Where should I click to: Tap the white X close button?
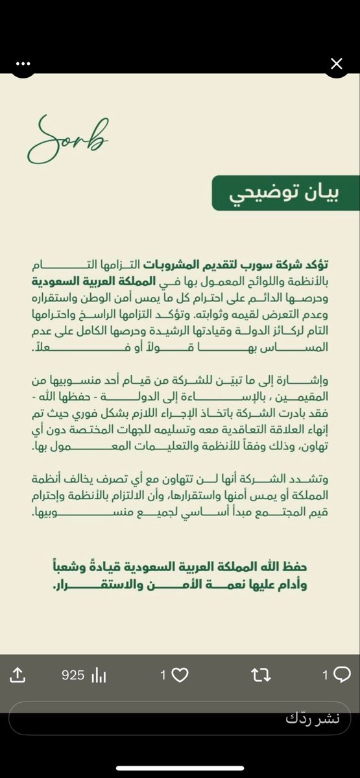pos(336,64)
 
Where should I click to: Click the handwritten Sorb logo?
pos(67,139)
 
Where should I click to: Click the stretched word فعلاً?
pos(58,348)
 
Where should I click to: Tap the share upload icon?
pos(18,675)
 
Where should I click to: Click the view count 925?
pos(73,675)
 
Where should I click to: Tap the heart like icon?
pos(180,675)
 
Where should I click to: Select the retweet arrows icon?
pos(261,675)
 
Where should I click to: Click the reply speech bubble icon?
pos(341,675)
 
